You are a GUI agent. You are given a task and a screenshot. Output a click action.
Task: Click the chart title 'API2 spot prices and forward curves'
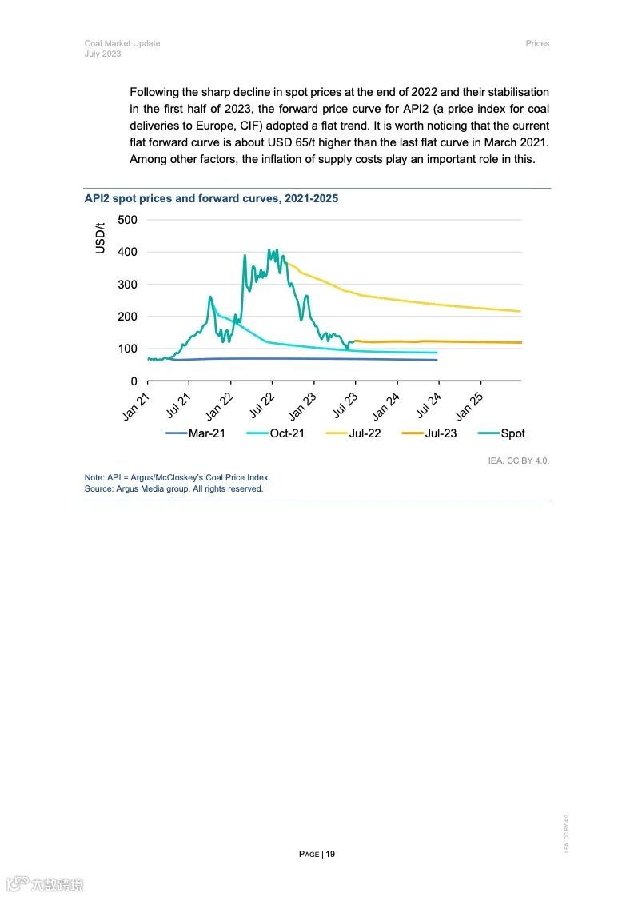211,198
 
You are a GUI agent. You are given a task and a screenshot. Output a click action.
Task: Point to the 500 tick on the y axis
127,220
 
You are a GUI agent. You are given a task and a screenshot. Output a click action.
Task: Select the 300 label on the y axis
127,285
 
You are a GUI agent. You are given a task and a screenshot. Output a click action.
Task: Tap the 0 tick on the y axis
134,381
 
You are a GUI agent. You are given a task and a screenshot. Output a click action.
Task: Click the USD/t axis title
101,238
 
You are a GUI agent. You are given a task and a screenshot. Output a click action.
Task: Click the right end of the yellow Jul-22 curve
520,311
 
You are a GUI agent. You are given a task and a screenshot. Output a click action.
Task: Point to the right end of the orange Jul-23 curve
520,342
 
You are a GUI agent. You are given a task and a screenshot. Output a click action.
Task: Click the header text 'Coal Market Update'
122,43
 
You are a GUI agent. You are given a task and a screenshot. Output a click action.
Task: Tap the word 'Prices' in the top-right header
537,43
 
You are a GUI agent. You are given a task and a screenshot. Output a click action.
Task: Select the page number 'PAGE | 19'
317,854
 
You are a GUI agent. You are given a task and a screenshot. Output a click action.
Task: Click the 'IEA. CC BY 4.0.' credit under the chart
519,460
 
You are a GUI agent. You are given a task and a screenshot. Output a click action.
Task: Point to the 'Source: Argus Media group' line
173,488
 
